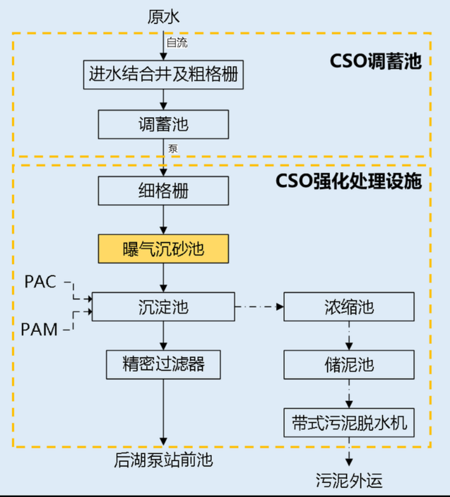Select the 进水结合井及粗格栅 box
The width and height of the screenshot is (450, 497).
(163, 74)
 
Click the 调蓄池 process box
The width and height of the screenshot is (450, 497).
(163, 125)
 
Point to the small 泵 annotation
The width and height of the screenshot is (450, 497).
(173, 149)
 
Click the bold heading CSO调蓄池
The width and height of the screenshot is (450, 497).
(375, 61)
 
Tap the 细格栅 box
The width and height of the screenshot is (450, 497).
(163, 191)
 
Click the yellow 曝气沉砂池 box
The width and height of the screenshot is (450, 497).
(163, 249)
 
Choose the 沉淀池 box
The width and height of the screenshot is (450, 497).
(163, 307)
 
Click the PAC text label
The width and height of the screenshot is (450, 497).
(41, 282)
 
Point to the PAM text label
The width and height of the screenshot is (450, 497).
(40, 329)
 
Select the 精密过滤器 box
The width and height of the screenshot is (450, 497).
(163, 364)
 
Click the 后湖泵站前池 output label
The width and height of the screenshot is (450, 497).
(163, 461)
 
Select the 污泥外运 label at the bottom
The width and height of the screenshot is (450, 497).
(349, 479)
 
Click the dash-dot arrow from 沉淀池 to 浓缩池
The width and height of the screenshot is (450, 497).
(259, 307)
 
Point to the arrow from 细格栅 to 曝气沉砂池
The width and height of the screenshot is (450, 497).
(163, 220)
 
